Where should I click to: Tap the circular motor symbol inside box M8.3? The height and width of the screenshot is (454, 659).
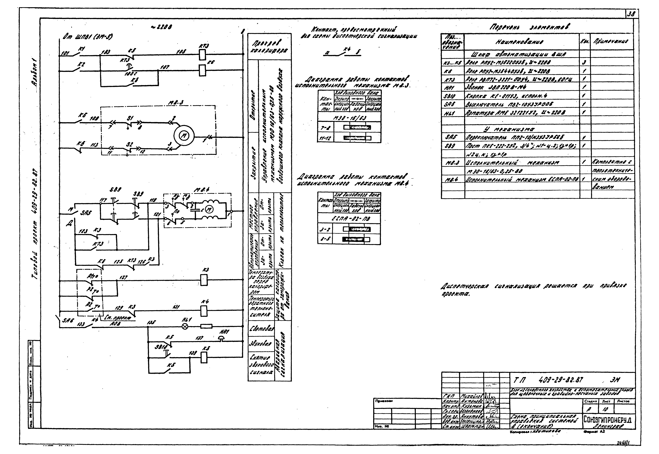(x=184, y=136)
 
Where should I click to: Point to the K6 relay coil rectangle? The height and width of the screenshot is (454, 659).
(x=202, y=70)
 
